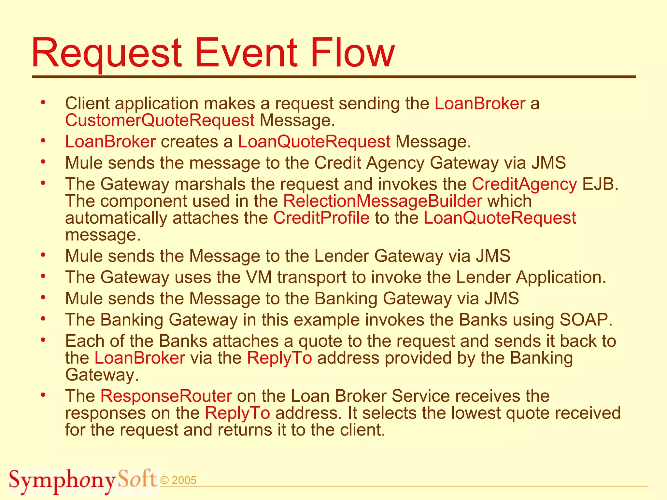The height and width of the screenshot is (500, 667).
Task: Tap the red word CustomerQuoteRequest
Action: pyautogui.click(x=160, y=120)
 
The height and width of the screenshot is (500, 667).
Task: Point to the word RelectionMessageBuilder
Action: pyautogui.click(x=382, y=201)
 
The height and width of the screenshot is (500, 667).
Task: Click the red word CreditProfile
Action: pyautogui.click(x=321, y=218)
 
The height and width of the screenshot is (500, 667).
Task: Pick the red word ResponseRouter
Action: pyautogui.click(x=166, y=396)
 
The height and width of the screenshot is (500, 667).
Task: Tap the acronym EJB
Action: pyautogui.click(x=600, y=184)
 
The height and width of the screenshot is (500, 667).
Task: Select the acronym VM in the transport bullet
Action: pyautogui.click(x=259, y=277)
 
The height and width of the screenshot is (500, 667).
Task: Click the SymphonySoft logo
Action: pyautogui.click(x=83, y=480)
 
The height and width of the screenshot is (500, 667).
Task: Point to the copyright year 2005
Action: pyautogui.click(x=184, y=480)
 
